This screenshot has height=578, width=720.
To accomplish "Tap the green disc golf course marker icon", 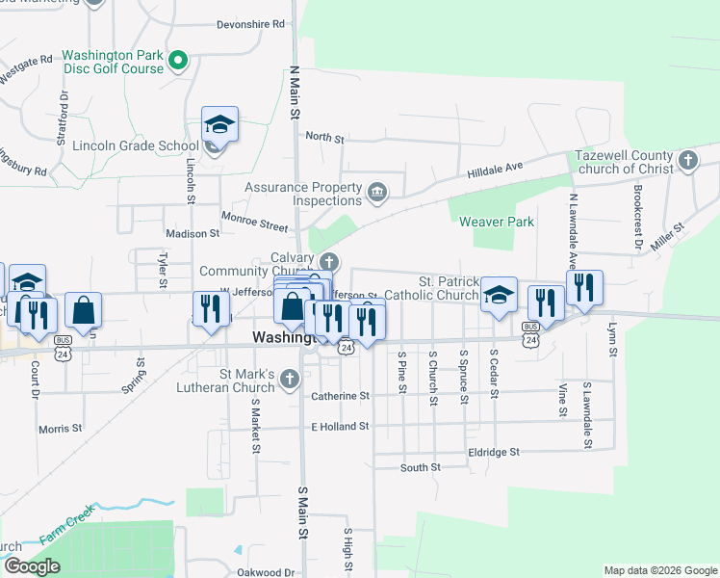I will click(177, 62).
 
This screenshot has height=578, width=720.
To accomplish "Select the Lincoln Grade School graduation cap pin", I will click(219, 125).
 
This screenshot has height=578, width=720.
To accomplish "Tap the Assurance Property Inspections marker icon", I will click(377, 194).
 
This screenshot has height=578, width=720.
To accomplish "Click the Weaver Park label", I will click(496, 222).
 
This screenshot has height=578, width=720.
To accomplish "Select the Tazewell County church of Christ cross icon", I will click(687, 160).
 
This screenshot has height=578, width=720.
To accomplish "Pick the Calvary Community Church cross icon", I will click(329, 262).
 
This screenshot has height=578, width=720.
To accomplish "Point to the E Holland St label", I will click(340, 426).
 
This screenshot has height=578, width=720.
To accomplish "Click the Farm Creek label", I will click(67, 522).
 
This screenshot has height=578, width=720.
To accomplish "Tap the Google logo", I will click(32, 566).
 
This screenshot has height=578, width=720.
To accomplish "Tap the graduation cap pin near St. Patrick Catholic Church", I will click(499, 296).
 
